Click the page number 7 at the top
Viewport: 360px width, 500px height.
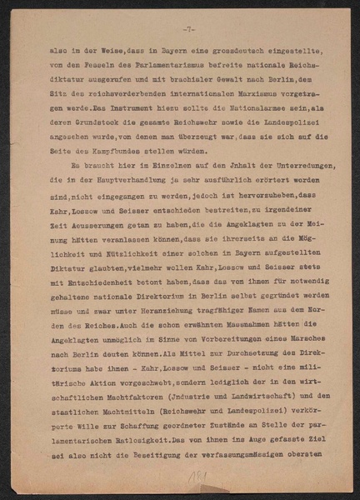(189, 29)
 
